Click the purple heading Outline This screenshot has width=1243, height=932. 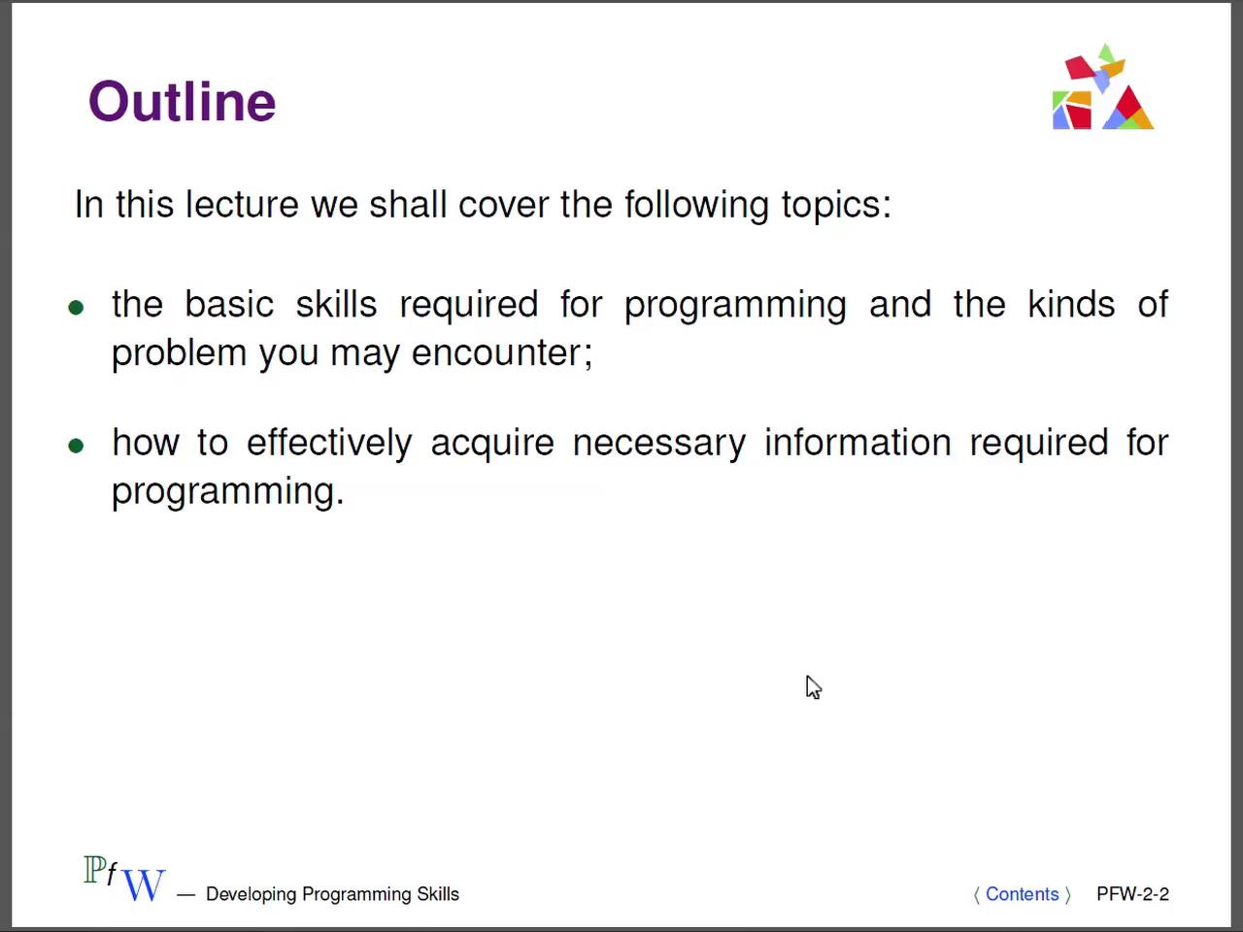tap(183, 102)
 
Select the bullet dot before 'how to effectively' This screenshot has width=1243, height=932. tap(76, 447)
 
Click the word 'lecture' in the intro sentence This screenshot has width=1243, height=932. tap(242, 205)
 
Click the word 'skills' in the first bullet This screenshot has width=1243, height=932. tap(336, 305)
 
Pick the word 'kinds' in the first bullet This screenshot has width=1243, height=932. tap(1071, 305)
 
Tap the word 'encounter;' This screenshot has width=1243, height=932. tap(501, 352)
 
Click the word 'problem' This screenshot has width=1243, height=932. tap(179, 352)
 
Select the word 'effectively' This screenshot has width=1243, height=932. tap(329, 443)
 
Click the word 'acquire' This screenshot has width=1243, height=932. tap(492, 444)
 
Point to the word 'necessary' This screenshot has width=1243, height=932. tap(658, 444)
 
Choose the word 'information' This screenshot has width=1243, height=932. tap(857, 443)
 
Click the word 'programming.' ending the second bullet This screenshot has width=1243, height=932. tap(228, 491)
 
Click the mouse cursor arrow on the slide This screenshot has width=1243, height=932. tap(813, 686)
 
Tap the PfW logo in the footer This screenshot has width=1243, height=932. tap(124, 880)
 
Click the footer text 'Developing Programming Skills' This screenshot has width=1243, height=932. tap(332, 894)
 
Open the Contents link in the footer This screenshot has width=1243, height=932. tap(1022, 894)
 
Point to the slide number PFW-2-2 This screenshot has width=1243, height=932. tap(1132, 894)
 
